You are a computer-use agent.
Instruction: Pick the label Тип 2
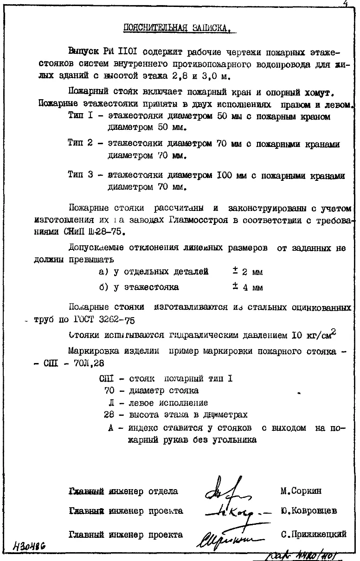[x=80, y=144]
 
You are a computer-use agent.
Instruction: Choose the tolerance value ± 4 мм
[x=248, y=287]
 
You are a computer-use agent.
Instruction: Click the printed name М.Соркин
[x=301, y=491]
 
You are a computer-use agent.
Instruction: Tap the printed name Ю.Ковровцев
[x=309, y=511]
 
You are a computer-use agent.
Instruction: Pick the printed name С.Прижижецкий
[x=314, y=534]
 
